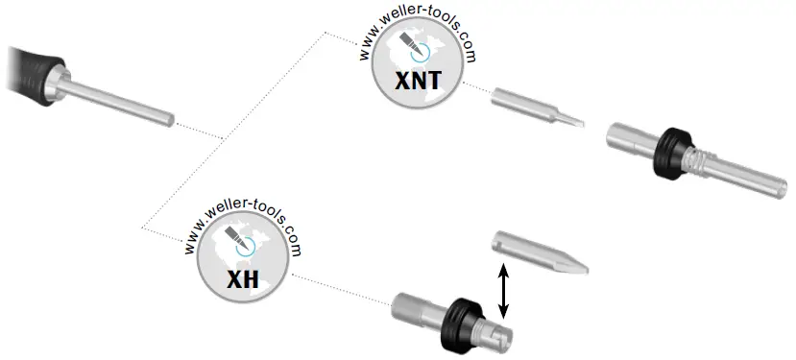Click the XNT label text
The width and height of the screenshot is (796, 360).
(x=419, y=81)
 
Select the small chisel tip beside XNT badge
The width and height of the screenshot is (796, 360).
(x=537, y=108)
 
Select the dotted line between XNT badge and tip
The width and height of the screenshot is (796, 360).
(x=475, y=89)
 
